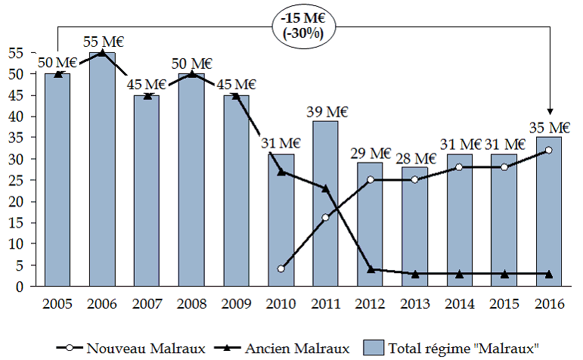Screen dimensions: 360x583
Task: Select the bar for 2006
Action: (x=103, y=169)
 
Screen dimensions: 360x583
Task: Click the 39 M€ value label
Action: (x=326, y=112)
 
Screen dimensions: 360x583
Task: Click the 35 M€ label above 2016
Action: (x=549, y=127)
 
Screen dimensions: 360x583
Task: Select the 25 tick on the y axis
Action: (x=14, y=180)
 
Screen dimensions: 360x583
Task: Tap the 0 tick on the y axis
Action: (x=18, y=287)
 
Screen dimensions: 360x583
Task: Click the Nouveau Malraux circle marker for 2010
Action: (x=281, y=269)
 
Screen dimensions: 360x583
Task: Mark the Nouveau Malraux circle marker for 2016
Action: (x=549, y=150)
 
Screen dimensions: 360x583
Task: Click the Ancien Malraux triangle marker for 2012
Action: (x=371, y=268)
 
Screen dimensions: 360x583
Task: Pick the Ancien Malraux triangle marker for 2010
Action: (x=281, y=172)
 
